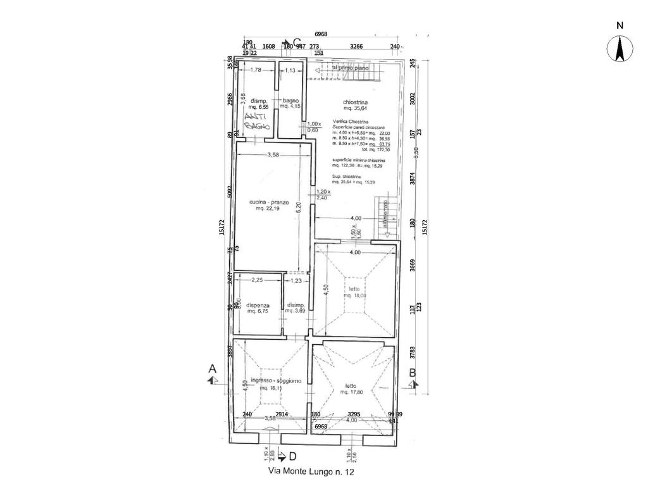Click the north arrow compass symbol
tap(620, 49)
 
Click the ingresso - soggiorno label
tap(276, 380)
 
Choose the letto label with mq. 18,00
tap(354, 292)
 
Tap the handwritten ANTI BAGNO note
tap(258, 121)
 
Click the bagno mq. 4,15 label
tap(290, 103)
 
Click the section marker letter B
tap(413, 373)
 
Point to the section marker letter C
tap(297, 42)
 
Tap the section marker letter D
tap(292, 456)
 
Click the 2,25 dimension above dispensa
tap(257, 280)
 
